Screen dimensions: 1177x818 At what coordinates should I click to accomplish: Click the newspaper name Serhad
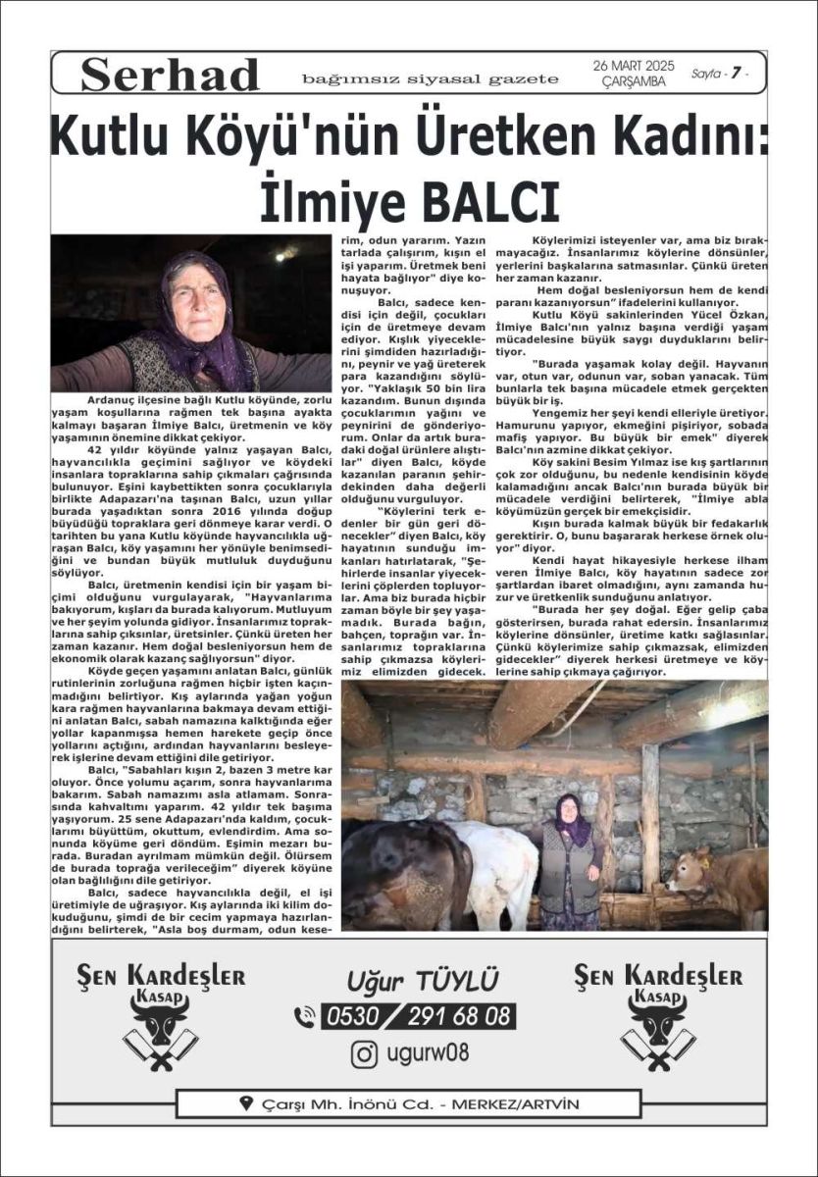(x=170, y=75)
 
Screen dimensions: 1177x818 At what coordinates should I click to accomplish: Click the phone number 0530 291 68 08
(x=418, y=1015)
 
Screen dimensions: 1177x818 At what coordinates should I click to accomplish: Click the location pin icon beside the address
(x=246, y=1103)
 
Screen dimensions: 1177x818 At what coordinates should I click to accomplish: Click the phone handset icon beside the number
(x=305, y=1015)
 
